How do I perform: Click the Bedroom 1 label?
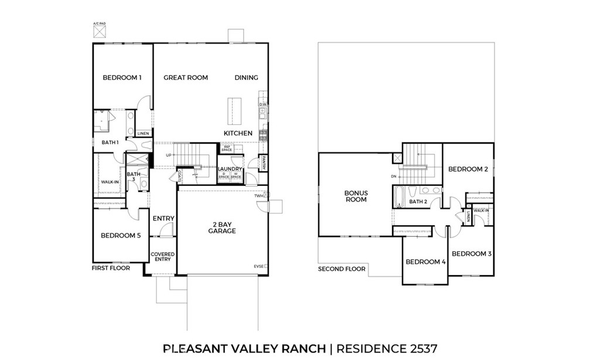coord(122,77)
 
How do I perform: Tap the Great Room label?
coord(186,77)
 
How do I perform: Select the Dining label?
coord(246,77)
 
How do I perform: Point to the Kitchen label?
coord(238,133)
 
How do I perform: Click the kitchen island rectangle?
coord(233,111)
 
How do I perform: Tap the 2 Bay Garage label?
coord(222,227)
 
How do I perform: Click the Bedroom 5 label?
coord(121,236)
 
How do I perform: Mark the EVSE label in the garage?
coord(259,266)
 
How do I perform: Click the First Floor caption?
coord(110,268)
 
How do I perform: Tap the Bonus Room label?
coord(356,196)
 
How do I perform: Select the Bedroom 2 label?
coord(468,169)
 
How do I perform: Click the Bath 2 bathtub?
coord(400,196)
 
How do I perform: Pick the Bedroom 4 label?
coord(425,261)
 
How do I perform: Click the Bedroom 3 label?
coord(472,253)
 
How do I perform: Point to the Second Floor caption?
coord(342,269)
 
